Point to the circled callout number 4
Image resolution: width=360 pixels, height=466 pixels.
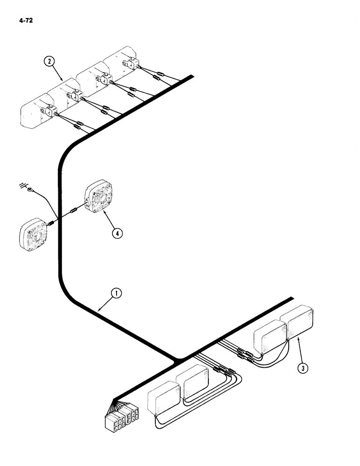click(x=117, y=233)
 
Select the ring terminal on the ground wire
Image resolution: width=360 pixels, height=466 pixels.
click(x=32, y=190)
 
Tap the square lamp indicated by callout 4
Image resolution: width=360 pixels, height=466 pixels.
click(x=100, y=198)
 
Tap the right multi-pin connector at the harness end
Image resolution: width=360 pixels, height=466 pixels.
click(x=130, y=413)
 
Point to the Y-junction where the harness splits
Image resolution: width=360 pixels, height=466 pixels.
click(x=177, y=359)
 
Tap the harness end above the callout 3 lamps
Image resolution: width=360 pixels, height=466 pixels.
click(x=292, y=298)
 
